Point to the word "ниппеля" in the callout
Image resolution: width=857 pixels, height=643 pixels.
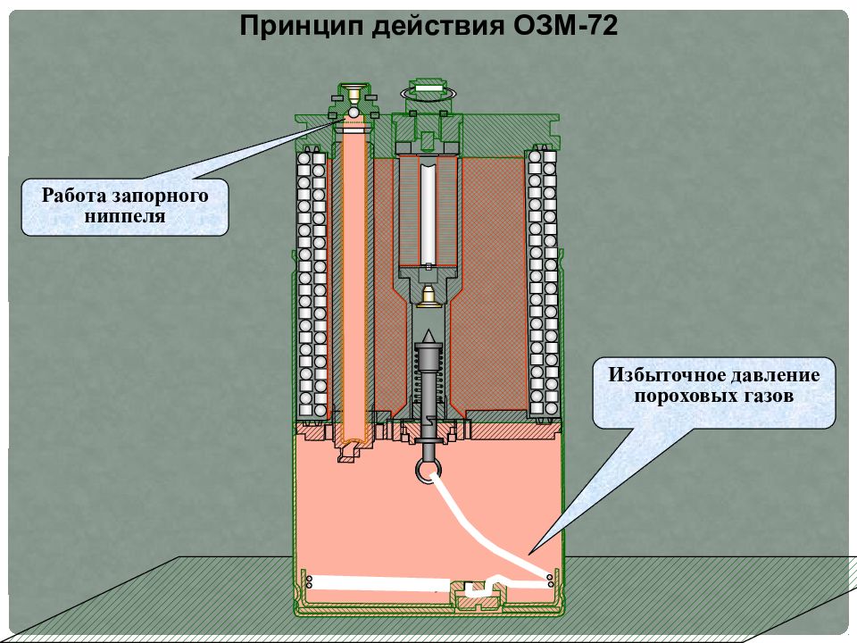coord(125,216)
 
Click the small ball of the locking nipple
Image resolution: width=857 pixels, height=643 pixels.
coord(353,112)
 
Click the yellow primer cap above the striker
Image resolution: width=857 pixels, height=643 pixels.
coord(428,296)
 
